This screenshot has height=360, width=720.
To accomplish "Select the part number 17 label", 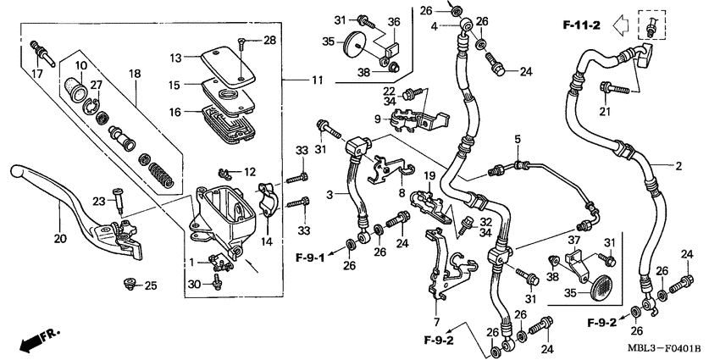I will [x=36, y=74].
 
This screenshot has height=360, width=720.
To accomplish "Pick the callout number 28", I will [x=270, y=40].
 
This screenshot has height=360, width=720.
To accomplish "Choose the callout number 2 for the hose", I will [x=678, y=166].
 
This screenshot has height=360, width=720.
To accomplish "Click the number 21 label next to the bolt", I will [x=605, y=112].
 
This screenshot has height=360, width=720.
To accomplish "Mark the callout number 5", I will [x=515, y=138].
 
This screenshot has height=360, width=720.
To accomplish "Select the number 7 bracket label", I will [x=439, y=323].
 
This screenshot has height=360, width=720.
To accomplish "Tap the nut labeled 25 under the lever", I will [x=130, y=283].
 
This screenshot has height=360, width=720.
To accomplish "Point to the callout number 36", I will [x=394, y=22].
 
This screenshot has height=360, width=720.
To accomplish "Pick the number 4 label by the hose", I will [x=433, y=27].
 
